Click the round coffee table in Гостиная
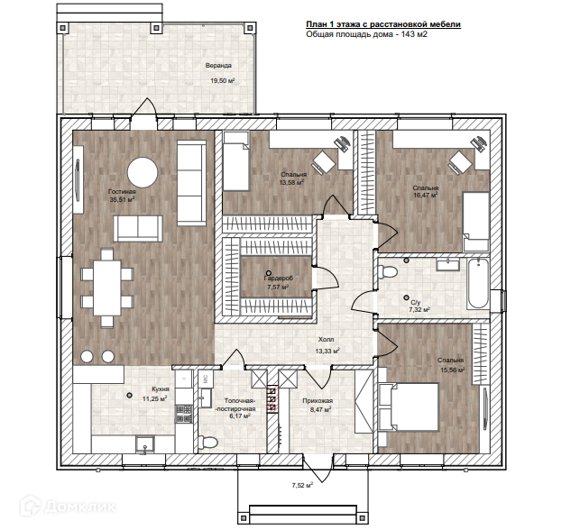(x=143, y=172)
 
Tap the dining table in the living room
(x=107, y=288)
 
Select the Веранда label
(x=218, y=66)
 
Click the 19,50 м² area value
(x=222, y=81)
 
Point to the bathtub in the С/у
(x=478, y=283)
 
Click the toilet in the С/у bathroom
(x=388, y=271)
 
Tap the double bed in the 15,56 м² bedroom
(x=409, y=407)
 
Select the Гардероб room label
(x=278, y=279)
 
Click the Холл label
(x=326, y=340)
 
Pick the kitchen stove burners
(x=184, y=414)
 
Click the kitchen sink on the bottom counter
(x=145, y=444)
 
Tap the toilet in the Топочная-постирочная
(x=208, y=442)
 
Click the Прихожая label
(x=318, y=401)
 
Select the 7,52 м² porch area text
(x=302, y=485)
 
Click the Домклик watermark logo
(x=68, y=506)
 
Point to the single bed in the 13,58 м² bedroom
(x=236, y=161)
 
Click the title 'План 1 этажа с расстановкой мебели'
(x=383, y=24)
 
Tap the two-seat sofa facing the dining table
(x=138, y=228)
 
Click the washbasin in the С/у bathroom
(x=448, y=264)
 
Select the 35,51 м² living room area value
(x=123, y=199)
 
